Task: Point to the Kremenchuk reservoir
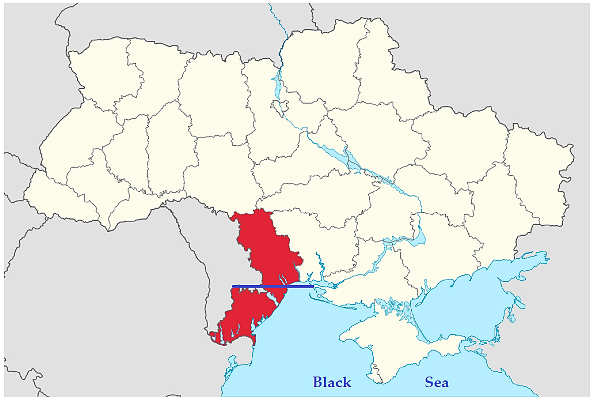pyautogui.click(x=355, y=164)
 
